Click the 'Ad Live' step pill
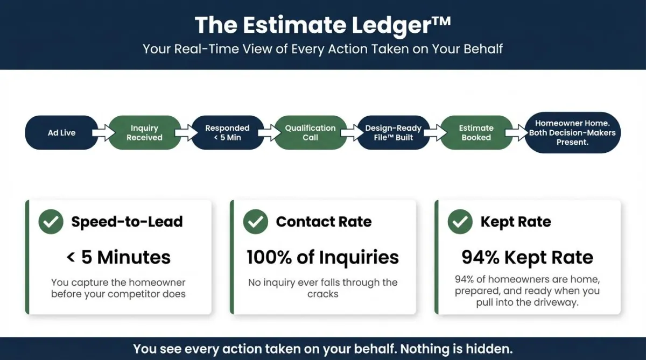(x=61, y=132)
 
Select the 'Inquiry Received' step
(x=144, y=132)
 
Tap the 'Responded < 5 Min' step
(x=228, y=132)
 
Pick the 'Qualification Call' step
(x=310, y=132)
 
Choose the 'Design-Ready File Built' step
(x=394, y=132)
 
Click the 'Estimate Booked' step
(x=476, y=132)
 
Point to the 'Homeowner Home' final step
(x=572, y=132)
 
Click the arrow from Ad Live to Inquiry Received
(x=103, y=132)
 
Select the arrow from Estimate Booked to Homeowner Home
(x=516, y=132)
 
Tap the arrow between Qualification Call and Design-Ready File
(x=352, y=132)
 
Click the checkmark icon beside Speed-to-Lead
(x=51, y=221)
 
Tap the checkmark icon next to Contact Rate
(x=256, y=221)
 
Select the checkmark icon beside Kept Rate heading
(x=460, y=221)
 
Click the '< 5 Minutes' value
(x=118, y=257)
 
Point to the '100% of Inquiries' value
(x=323, y=257)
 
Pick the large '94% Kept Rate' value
(x=528, y=257)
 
